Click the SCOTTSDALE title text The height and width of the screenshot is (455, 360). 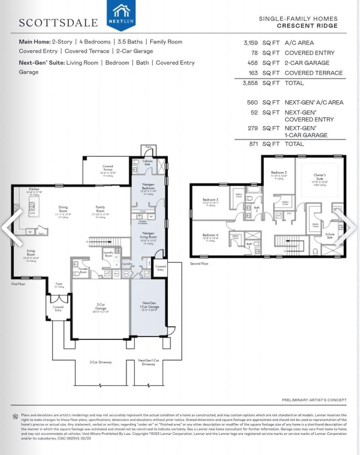58,23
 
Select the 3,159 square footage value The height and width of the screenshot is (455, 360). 250,43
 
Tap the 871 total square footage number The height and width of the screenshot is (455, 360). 253,144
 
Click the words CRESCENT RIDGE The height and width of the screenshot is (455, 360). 307,26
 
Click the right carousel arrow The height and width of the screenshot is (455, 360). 346,227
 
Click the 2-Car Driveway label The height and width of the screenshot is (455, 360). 101,362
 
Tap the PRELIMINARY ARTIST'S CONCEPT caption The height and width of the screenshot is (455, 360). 314,400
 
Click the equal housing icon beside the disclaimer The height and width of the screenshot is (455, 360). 15,416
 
